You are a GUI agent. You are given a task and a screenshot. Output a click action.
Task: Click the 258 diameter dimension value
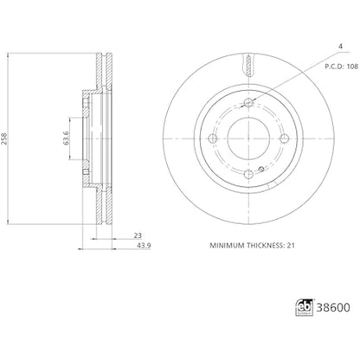tap(4, 139)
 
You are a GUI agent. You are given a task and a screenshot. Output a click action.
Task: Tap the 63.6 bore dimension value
tap(66, 138)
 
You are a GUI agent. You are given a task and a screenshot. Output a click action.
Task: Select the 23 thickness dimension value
tap(138, 235)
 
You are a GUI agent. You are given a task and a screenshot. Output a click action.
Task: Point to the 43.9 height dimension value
tap(144, 246)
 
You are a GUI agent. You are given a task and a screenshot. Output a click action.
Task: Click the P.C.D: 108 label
tap(342, 67)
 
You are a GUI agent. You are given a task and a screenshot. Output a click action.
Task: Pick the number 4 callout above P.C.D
tap(341, 47)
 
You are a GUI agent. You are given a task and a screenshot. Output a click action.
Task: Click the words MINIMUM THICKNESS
tap(247, 246)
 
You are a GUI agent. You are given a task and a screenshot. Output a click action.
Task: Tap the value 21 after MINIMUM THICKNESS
tap(291, 246)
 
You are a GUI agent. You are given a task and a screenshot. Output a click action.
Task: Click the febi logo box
tap(305, 307)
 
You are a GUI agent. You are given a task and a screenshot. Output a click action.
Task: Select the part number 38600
tap(333, 307)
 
